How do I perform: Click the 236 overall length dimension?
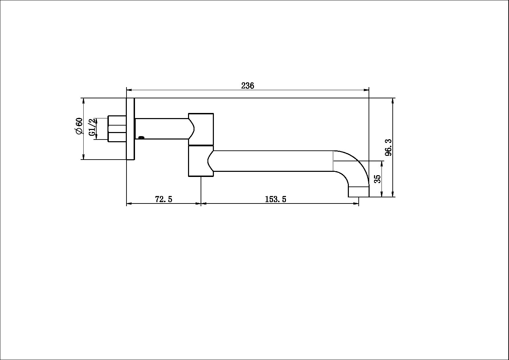coord(248,86)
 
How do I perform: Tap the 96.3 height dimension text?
coord(388,147)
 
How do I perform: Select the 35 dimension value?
coord(377,179)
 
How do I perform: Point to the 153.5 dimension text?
coord(275,199)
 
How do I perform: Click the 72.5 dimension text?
coord(164,199)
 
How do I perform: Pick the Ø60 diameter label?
coord(79,126)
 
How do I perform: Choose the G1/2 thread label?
coord(92,127)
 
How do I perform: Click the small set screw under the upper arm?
coord(141,137)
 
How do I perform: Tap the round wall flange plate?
coord(131,129)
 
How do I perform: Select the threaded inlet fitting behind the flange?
coord(117,129)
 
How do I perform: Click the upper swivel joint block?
coord(201,129)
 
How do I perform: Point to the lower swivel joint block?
coord(201,161)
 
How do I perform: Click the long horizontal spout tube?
coord(272,161)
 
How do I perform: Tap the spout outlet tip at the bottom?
coord(358,192)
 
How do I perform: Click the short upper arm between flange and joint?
coord(162,129)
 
